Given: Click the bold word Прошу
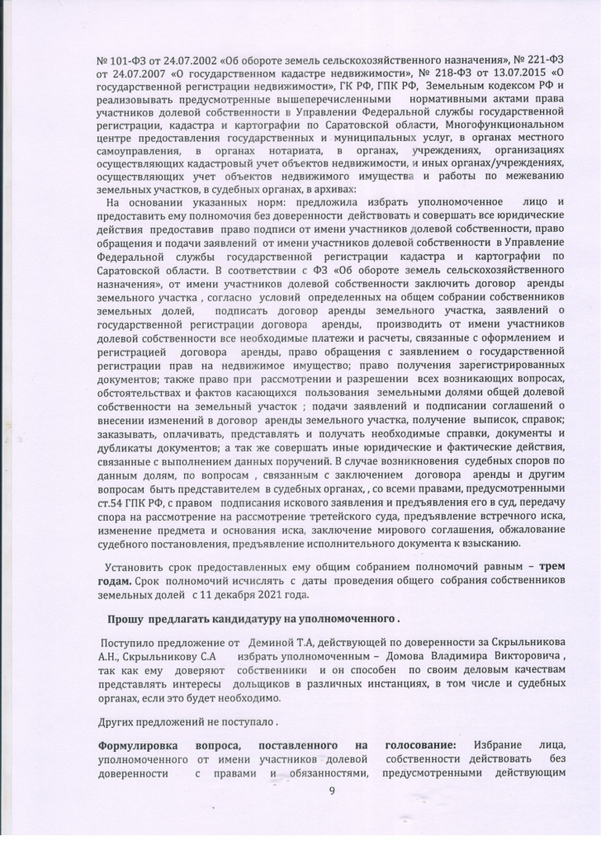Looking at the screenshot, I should [125, 617].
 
